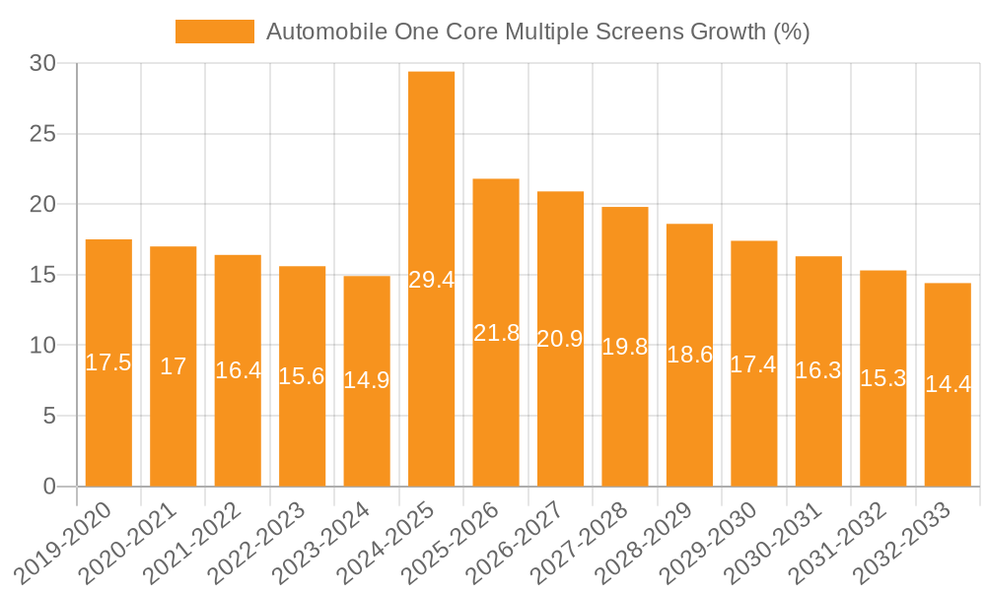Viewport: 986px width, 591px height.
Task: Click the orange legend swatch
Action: coord(214,32)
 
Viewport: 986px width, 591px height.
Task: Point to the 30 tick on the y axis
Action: coord(42,63)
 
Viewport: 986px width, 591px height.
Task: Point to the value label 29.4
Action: coord(431,280)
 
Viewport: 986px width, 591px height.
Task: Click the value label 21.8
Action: coord(496,333)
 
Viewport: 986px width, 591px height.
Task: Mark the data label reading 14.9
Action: coord(367,379)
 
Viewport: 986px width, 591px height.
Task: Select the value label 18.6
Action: coord(689,355)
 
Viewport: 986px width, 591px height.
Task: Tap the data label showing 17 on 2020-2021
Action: coord(174,366)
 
